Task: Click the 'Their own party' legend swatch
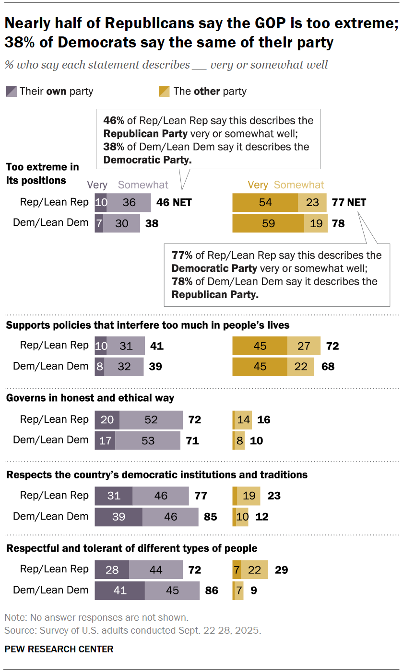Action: (12, 91)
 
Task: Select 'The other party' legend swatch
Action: (164, 91)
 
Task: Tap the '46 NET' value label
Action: (174, 203)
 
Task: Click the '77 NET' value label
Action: (349, 203)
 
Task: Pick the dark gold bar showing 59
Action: (268, 223)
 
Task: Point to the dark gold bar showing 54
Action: (265, 203)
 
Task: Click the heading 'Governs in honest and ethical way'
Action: (90, 398)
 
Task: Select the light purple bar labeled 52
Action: (151, 420)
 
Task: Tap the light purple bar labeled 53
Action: (148, 440)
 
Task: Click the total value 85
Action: (211, 517)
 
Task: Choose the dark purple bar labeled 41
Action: (119, 591)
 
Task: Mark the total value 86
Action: (211, 591)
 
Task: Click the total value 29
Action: (281, 570)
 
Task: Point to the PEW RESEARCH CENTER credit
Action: (59, 649)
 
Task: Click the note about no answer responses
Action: (96, 617)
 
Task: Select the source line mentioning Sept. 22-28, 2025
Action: (132, 630)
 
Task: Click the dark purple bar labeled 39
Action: (119, 517)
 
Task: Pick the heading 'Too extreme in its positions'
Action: (42, 174)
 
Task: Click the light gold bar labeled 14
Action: (243, 420)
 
